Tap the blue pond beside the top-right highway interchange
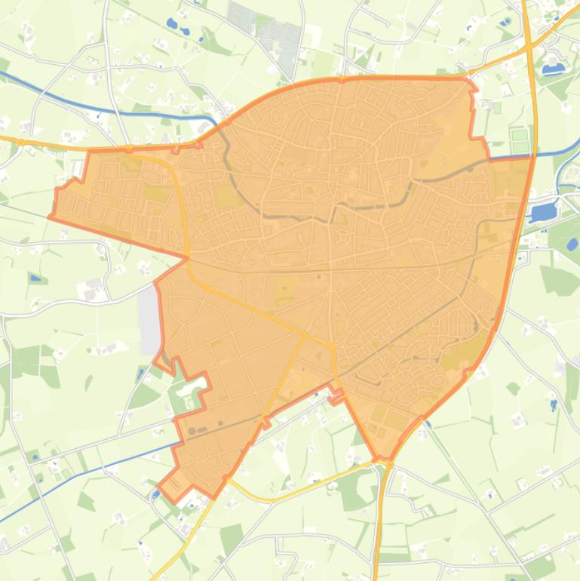(554, 69)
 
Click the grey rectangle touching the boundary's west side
(149, 320)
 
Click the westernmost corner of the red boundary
(51, 217)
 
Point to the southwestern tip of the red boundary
(159, 487)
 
